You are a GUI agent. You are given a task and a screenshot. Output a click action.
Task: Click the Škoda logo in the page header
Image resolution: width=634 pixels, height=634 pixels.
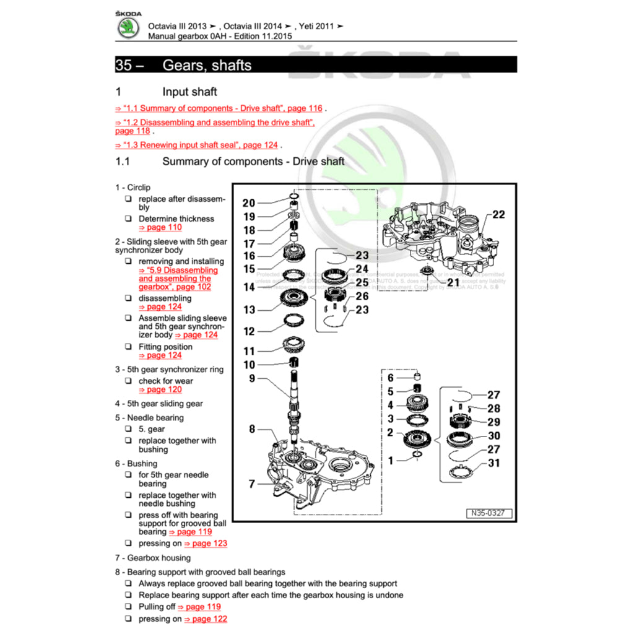(x=128, y=28)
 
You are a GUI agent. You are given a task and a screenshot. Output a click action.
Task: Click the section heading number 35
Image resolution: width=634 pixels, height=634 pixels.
(x=124, y=65)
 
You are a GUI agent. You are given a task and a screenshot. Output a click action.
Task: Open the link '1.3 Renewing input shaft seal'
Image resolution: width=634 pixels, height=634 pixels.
(x=196, y=145)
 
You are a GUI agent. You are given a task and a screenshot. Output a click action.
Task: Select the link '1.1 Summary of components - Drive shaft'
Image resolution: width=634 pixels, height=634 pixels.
(x=219, y=108)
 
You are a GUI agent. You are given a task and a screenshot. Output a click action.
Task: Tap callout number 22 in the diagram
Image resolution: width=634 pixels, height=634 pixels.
(x=498, y=214)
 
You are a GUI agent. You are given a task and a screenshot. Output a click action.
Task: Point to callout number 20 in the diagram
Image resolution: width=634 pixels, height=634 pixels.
(x=248, y=202)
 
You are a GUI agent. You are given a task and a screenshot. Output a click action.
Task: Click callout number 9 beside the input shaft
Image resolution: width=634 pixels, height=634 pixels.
(x=252, y=378)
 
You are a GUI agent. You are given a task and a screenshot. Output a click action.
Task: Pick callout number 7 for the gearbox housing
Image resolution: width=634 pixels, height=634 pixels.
(x=252, y=484)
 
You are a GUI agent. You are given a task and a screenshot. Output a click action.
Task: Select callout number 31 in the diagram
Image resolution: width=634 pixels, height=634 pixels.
(x=494, y=462)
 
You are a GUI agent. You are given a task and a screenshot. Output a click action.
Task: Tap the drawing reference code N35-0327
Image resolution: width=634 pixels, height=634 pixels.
(x=489, y=513)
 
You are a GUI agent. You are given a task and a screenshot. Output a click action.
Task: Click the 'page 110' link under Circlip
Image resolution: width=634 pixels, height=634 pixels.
(x=160, y=227)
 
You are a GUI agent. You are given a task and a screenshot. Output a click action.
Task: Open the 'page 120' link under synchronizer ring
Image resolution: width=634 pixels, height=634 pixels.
(x=160, y=389)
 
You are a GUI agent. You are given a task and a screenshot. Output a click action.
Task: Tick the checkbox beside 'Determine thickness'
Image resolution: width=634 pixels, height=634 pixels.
(x=128, y=219)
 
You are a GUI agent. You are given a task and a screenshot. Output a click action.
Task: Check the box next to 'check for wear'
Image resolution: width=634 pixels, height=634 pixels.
(x=128, y=381)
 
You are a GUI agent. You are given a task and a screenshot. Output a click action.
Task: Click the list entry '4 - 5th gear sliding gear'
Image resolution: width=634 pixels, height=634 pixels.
(x=158, y=404)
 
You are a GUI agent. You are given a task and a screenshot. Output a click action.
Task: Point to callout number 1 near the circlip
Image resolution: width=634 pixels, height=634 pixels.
(x=390, y=460)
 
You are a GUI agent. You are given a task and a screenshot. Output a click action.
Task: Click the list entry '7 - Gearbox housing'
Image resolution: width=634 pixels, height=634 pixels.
(x=152, y=558)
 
